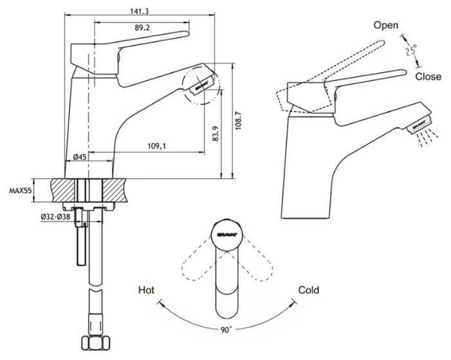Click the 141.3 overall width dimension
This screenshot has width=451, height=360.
coord(139,12)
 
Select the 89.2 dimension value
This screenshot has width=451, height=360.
coord(142,28)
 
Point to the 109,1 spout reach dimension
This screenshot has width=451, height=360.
coord(157,146)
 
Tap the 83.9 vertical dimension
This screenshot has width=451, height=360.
coord(216,133)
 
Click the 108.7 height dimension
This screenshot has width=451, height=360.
coord(239,120)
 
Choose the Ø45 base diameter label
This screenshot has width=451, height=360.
coord(80,157)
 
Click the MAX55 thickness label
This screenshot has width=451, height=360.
coord(20,191)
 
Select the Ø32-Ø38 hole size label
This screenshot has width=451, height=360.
coord(55,216)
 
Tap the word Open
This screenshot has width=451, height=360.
coord(386,26)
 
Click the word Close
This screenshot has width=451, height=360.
coord(428,77)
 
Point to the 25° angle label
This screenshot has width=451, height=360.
coord(411,50)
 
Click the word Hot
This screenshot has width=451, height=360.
coord(147,290)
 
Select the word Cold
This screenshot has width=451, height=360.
coord(309,290)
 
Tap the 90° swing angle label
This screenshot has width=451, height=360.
coord(226,330)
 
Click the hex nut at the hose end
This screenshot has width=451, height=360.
coord(96,343)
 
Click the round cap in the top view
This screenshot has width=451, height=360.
coord(227,234)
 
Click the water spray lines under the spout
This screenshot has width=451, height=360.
coord(428,137)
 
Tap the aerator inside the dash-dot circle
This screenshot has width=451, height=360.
coord(201,84)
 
